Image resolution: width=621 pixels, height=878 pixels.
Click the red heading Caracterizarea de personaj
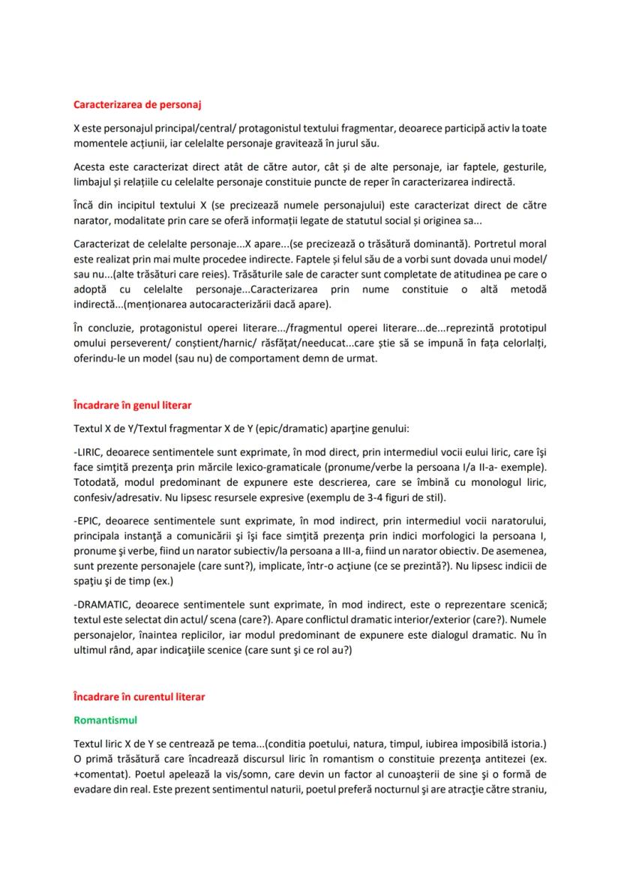point(137,104)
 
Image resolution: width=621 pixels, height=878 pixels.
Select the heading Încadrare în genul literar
point(132,405)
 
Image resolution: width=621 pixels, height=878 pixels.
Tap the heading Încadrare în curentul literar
point(139,697)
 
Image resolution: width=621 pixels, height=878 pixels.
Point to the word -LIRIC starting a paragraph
point(88,453)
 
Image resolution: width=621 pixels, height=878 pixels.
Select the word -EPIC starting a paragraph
point(87,519)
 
